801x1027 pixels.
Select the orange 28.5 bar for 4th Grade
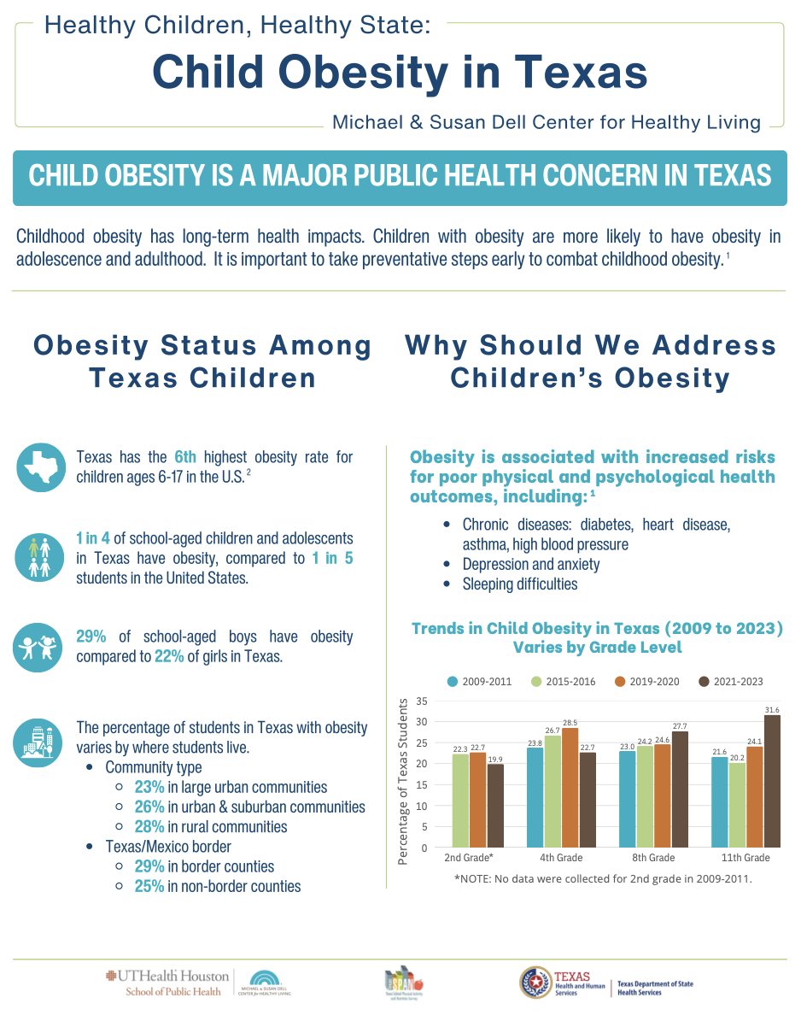point(570,788)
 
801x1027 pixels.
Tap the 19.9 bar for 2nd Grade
point(494,806)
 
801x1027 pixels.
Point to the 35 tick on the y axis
point(422,701)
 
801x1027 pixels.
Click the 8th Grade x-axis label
point(653,858)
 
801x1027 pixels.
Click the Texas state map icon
point(40,467)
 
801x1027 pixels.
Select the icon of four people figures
point(40,557)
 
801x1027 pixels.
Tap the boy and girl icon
point(40,648)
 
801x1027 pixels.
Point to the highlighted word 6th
point(184,457)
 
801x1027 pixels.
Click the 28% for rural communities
point(149,827)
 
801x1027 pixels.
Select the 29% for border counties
point(149,866)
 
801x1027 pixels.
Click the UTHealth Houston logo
point(167,983)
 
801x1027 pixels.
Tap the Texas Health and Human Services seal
point(535,983)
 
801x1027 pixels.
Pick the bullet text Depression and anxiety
point(531,565)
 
